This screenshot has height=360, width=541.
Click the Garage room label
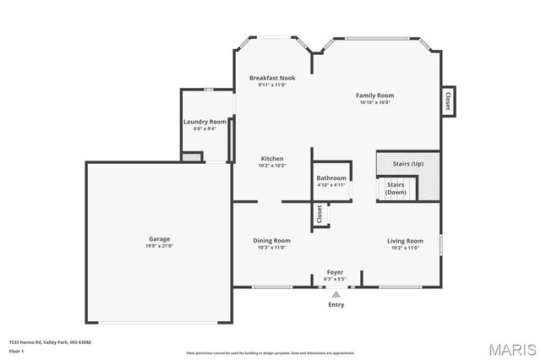click(x=160, y=239)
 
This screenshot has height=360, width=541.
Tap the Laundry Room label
click(x=205, y=122)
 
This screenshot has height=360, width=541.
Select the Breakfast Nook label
click(x=272, y=78)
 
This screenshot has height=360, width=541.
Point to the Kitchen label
click(x=271, y=159)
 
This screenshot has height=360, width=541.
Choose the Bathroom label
click(x=331, y=178)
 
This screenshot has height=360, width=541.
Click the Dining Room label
click(x=271, y=241)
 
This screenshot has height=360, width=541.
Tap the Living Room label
click(x=405, y=241)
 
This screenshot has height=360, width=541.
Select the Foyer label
click(x=336, y=272)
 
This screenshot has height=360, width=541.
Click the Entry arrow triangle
click(x=336, y=294)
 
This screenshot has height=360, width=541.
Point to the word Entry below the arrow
click(x=336, y=305)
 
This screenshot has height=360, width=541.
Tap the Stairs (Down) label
click(x=396, y=188)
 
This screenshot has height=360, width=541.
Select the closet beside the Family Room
click(x=447, y=101)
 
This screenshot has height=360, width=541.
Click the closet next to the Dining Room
click(x=320, y=215)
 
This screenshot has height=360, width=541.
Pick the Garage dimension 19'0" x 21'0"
click(x=160, y=246)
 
